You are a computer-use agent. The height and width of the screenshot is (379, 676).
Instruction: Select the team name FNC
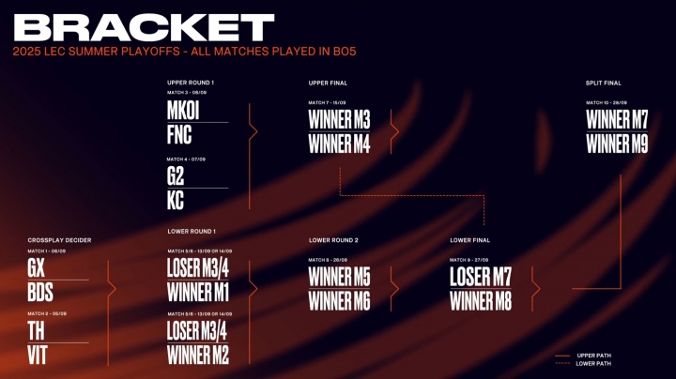[179, 134]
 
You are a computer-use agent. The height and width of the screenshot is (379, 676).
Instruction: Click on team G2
[176, 176]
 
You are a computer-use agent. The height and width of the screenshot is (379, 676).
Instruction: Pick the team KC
[176, 199]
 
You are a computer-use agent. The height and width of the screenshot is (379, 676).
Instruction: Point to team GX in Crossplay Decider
[37, 268]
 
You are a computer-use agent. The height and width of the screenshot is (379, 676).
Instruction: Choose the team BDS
[40, 292]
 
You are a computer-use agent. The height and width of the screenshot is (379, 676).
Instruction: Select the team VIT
[38, 356]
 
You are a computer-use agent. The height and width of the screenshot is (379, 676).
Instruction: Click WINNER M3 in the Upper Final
[339, 120]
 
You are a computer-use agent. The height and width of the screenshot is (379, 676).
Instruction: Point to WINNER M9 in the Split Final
[617, 144]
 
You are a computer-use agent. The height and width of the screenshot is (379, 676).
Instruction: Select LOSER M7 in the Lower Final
[483, 277]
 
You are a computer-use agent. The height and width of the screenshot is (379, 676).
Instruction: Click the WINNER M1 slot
[198, 292]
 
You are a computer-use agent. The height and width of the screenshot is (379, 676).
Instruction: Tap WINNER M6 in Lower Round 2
[339, 301]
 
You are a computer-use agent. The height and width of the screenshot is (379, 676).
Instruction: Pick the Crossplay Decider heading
[59, 240]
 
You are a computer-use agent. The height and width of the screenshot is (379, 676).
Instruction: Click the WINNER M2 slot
[198, 356]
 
